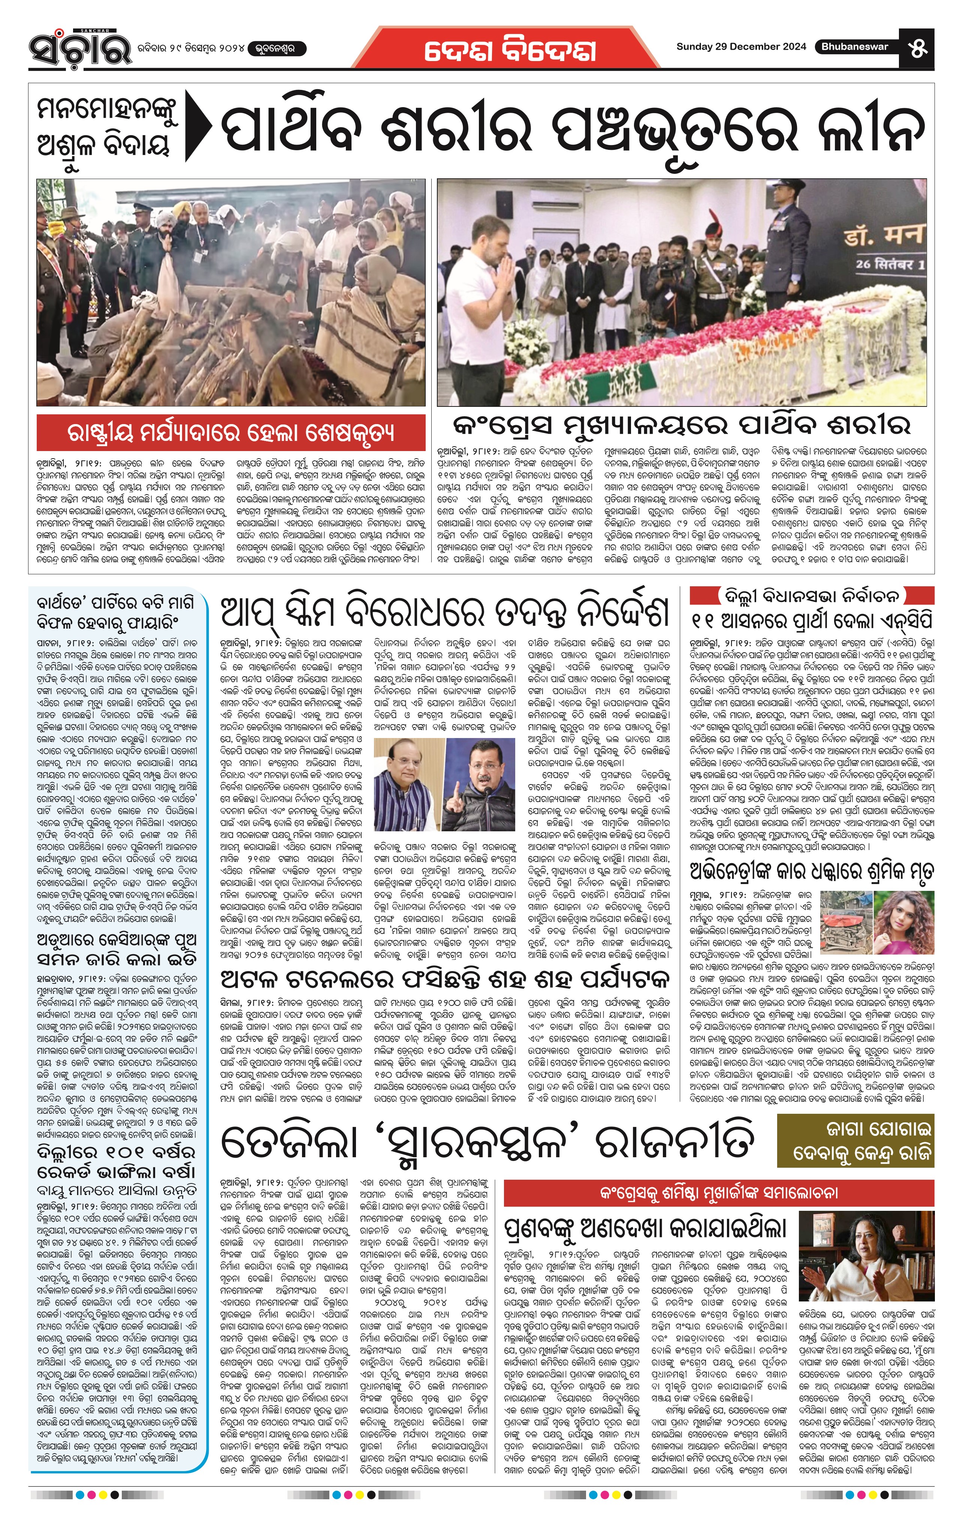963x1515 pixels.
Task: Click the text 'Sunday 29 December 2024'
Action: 741,46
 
